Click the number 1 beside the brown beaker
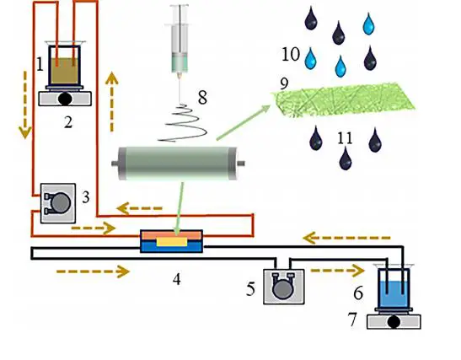click(40, 65)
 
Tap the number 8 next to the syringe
click(202, 97)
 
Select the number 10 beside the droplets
click(291, 55)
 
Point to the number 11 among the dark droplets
click(345, 138)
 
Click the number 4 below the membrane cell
click(177, 279)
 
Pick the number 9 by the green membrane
click(284, 83)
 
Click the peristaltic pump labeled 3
click(58, 203)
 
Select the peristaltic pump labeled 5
click(284, 287)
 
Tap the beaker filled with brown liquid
click(65, 65)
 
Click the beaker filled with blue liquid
click(394, 288)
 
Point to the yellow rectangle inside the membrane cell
click(172, 242)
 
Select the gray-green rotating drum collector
click(178, 164)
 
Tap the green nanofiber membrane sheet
click(343, 100)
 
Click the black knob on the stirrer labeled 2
click(65, 99)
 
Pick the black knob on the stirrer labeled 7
click(394, 322)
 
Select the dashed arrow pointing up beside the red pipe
click(112, 101)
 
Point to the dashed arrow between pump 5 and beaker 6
click(338, 271)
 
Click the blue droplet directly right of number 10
click(310, 58)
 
